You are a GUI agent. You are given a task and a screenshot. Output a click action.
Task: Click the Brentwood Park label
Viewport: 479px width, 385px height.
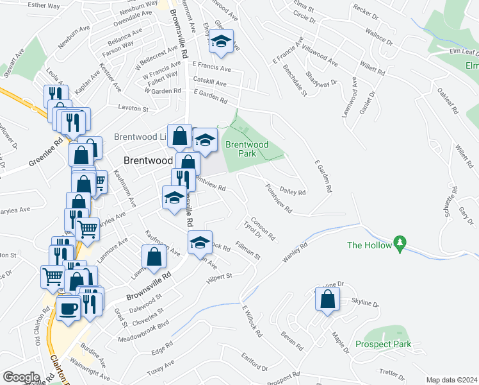click(x=247, y=149)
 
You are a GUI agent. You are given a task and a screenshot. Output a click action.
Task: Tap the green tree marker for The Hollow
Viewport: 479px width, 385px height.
click(x=401, y=244)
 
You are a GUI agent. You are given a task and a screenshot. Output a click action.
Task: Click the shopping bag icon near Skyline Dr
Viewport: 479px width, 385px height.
click(x=327, y=299)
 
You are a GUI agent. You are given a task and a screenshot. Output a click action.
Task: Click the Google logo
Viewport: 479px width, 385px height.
click(x=21, y=377)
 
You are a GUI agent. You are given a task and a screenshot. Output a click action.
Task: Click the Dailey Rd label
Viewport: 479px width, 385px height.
click(x=291, y=192)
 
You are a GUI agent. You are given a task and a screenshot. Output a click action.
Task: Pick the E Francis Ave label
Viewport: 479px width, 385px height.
click(x=211, y=66)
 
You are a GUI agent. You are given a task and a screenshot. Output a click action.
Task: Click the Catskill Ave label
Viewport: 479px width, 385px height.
click(x=210, y=83)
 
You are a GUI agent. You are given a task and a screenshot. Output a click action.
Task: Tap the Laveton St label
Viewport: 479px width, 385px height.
click(x=133, y=109)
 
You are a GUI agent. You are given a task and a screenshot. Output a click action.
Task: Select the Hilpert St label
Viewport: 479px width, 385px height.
click(x=218, y=279)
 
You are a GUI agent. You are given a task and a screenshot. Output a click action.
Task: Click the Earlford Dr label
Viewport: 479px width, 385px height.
click(x=255, y=362)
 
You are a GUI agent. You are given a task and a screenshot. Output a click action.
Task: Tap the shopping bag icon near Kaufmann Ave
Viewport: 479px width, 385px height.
click(x=154, y=257)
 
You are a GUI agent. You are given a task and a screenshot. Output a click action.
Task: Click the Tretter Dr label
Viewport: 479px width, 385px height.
click(x=389, y=373)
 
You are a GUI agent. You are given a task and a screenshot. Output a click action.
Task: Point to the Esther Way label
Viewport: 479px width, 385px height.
click(x=44, y=5)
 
